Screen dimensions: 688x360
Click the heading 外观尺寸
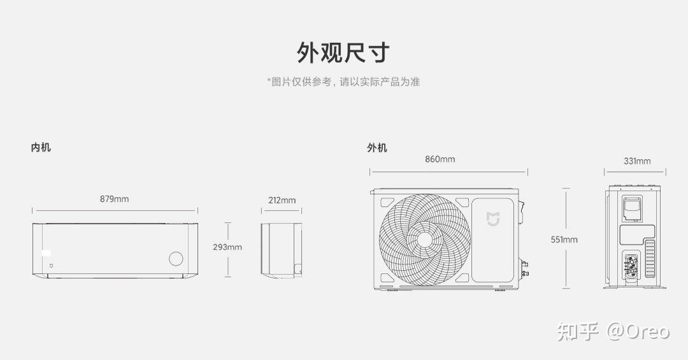click(x=343, y=52)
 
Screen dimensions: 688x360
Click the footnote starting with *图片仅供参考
click(x=343, y=82)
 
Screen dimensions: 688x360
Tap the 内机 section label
click(x=41, y=148)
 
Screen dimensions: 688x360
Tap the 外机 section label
click(x=376, y=148)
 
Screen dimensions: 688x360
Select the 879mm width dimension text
click(x=114, y=199)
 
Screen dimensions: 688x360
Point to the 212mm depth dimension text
click(x=282, y=200)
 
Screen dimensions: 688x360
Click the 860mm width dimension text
click(x=440, y=159)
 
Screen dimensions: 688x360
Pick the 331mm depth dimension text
click(x=637, y=161)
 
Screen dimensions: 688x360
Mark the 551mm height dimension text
click(x=564, y=240)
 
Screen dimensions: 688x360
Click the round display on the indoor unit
click(x=175, y=259)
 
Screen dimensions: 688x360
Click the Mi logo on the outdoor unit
click(x=494, y=219)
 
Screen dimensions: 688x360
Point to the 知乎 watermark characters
click(x=578, y=331)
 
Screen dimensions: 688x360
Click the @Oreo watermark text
click(x=638, y=331)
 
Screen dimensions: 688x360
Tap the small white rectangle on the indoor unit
click(x=47, y=254)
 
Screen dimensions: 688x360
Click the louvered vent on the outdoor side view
click(x=650, y=258)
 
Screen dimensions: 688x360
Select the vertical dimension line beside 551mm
click(x=566, y=210)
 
